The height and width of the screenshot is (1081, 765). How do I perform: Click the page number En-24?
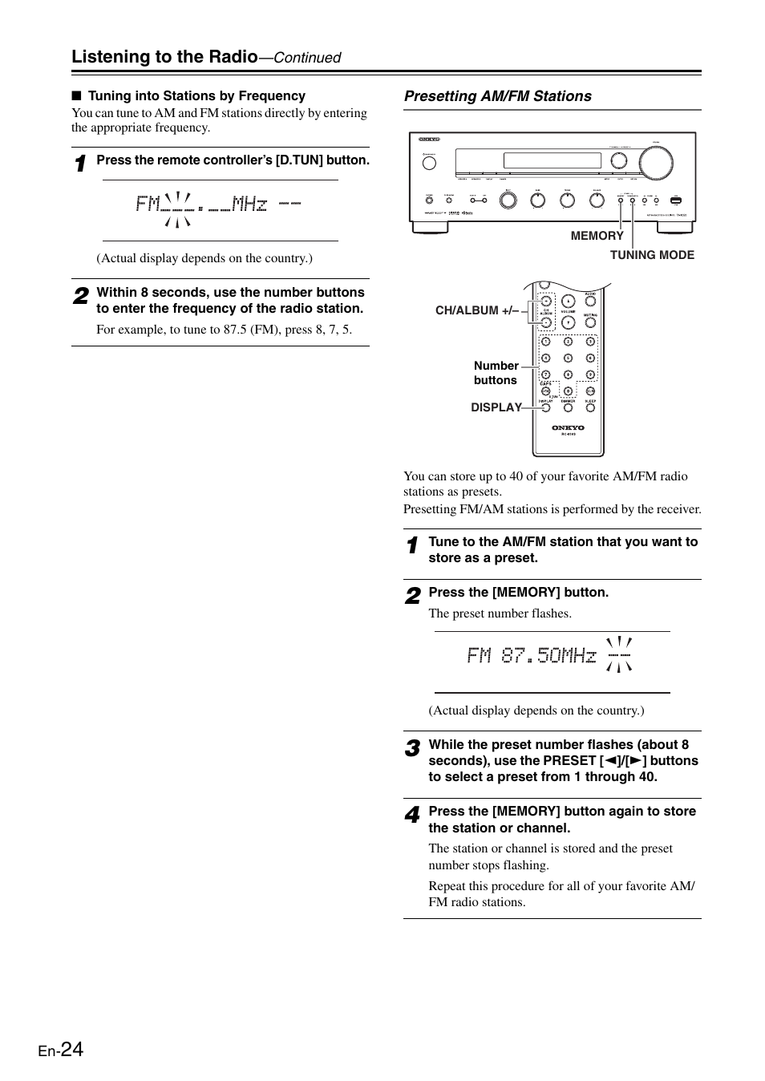click(x=61, y=1051)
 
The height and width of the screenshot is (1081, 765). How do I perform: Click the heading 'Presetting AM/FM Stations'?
click(x=497, y=96)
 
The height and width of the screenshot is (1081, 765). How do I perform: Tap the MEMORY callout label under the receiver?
click(x=597, y=236)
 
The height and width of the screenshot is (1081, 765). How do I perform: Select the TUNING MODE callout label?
click(x=652, y=255)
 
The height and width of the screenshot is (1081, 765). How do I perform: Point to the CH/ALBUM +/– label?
click(x=477, y=310)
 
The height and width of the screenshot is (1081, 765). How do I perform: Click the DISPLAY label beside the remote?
click(x=496, y=407)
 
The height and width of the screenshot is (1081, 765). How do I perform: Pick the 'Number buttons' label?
click(x=496, y=373)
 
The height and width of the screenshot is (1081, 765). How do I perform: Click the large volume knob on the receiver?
click(x=656, y=163)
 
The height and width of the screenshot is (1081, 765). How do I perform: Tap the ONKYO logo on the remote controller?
click(x=568, y=428)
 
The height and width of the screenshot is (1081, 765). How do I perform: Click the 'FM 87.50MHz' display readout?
click(x=532, y=656)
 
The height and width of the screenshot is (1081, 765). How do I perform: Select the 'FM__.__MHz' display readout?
click(x=201, y=204)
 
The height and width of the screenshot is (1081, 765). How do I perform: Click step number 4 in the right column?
click(x=411, y=816)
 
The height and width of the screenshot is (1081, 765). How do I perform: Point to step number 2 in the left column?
click(x=80, y=297)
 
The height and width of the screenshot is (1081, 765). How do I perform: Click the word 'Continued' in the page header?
click(x=308, y=58)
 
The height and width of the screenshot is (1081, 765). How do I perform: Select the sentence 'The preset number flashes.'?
click(x=500, y=613)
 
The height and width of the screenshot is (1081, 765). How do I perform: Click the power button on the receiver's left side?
click(x=429, y=163)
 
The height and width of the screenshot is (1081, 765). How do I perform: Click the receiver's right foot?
click(x=675, y=228)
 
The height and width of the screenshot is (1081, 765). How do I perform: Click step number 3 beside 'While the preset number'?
click(x=411, y=749)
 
